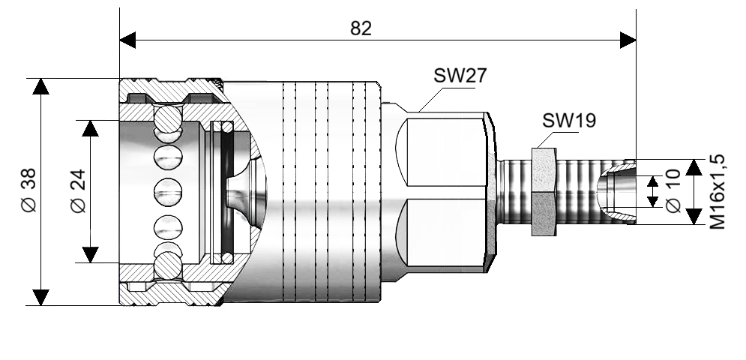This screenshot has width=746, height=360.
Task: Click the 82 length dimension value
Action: (361, 28)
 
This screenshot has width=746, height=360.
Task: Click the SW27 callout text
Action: (460, 76)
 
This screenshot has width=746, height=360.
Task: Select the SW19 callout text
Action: (569, 121)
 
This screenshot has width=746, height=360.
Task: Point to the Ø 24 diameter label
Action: (78, 191)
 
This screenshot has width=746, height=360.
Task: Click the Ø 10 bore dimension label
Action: (673, 191)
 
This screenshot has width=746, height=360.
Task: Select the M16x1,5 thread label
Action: (718, 191)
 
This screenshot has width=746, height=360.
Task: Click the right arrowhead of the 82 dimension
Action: (628, 40)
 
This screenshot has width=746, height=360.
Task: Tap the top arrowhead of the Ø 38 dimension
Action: (41, 85)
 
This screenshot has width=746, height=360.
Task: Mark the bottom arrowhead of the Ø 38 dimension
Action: (41, 297)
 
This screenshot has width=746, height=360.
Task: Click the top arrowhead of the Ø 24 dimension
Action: (91, 127)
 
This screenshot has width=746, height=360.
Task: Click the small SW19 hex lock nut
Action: (543, 192)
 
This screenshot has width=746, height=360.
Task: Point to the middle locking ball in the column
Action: (168, 192)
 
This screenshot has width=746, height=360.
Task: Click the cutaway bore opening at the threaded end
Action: (619, 192)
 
